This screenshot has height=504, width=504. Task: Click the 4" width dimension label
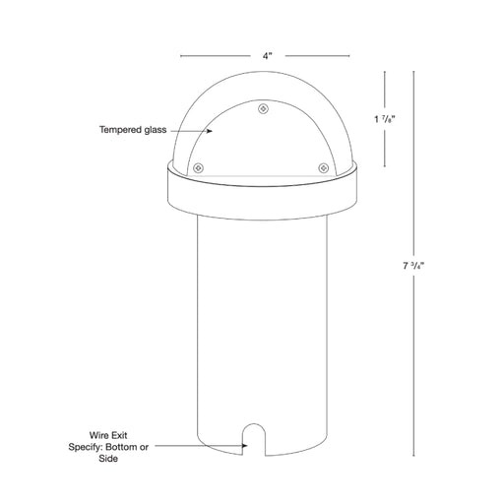pos(268,56)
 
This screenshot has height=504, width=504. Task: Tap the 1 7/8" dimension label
pos(385,119)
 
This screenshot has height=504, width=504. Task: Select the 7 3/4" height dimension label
pos(413,266)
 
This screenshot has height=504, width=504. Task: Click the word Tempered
pos(120,130)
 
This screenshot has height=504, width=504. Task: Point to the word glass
pos(156,130)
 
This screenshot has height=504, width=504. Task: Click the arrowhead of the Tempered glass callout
pos(210,131)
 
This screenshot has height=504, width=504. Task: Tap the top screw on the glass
pos(263,108)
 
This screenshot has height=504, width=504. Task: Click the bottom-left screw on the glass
pos(198,168)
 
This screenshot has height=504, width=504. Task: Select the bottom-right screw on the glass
pos(324,168)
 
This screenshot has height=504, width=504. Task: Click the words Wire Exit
pos(108,435)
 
